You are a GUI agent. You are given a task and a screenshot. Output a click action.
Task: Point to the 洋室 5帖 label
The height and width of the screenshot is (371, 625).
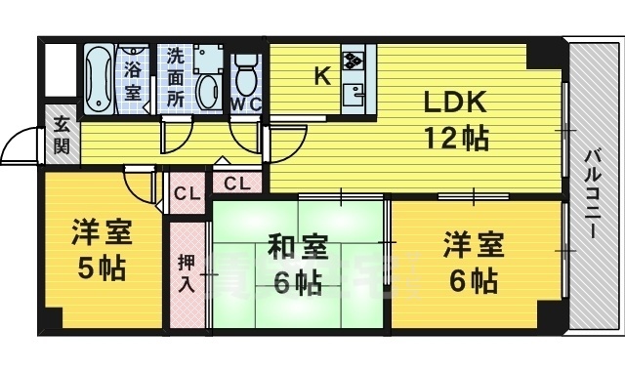coord(102,251)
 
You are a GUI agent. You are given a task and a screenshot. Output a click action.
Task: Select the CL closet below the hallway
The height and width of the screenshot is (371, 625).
coord(237,182)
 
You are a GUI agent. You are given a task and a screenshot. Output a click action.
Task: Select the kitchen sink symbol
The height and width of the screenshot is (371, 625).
coord(354,94)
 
